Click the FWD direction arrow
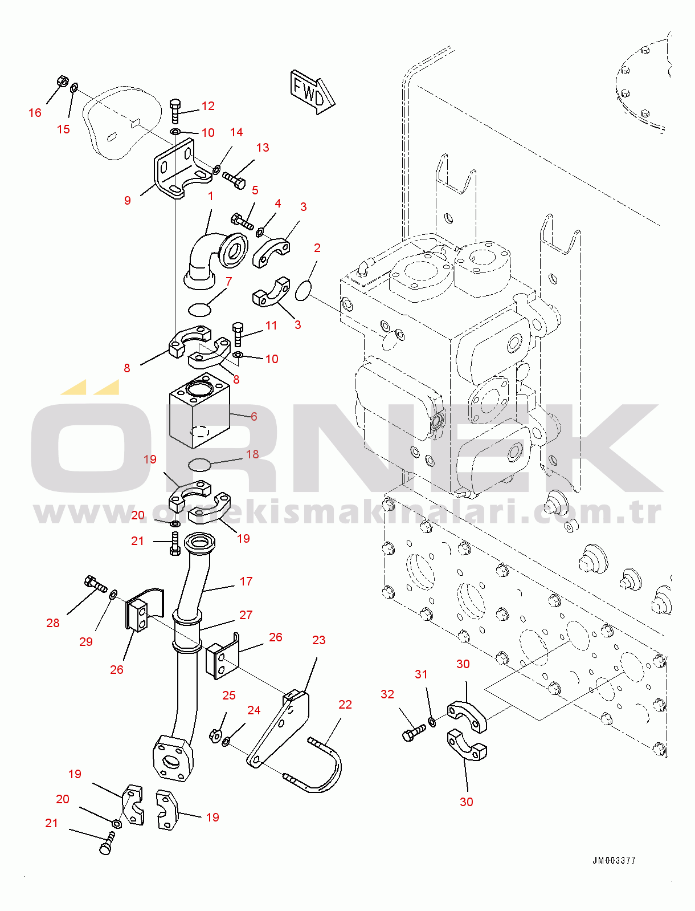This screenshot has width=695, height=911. pyautogui.click(x=311, y=92)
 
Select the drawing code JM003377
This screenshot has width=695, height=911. pyautogui.click(x=614, y=860)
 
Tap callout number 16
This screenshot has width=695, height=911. pyautogui.click(x=35, y=113)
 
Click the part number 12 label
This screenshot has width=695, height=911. pyautogui.click(x=208, y=106)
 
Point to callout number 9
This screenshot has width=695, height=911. pyautogui.click(x=127, y=200)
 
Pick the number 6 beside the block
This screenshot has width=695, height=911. pyautogui.click(x=254, y=417)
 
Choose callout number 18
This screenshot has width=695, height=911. pyautogui.click(x=252, y=454)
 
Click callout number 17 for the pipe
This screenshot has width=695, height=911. pyautogui.click(x=246, y=581)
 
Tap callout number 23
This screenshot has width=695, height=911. pyautogui.click(x=318, y=640)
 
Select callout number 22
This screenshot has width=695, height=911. pyautogui.click(x=345, y=705)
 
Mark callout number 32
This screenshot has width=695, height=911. pyautogui.click(x=387, y=694)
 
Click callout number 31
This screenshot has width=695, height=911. pyautogui.click(x=421, y=674)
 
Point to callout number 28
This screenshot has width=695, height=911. pyautogui.click(x=53, y=623)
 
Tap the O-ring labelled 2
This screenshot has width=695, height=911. pyautogui.click(x=304, y=290)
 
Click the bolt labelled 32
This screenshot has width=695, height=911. pyautogui.click(x=412, y=733)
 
